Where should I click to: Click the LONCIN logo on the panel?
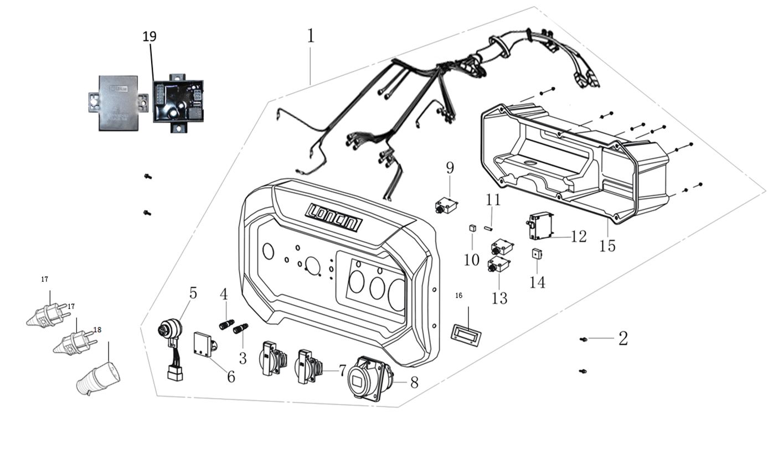pyautogui.click(x=334, y=217)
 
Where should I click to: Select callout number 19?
pyautogui.click(x=150, y=37)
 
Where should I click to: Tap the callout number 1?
pyautogui.click(x=311, y=36)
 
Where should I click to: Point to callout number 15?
pyautogui.click(x=607, y=245)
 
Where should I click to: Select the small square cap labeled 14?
pyautogui.click(x=536, y=254)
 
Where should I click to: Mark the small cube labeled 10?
pyautogui.click(x=473, y=227)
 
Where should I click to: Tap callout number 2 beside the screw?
pyautogui.click(x=623, y=338)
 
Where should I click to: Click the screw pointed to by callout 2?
pyautogui.click(x=583, y=339)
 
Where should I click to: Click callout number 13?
pyautogui.click(x=499, y=298)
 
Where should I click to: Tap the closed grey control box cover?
pyautogui.click(x=118, y=103)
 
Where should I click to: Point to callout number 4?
pyautogui.click(x=224, y=294)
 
